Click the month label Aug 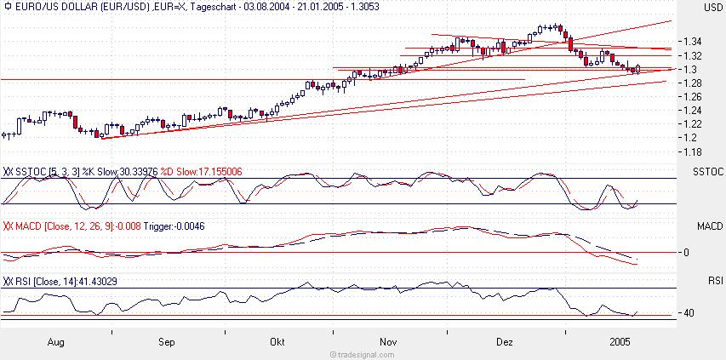coord(57,342)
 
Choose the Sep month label coord(166,342)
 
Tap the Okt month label coord(277,342)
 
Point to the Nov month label coord(388,342)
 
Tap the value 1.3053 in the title coord(363,6)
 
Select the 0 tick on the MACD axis coord(685,253)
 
